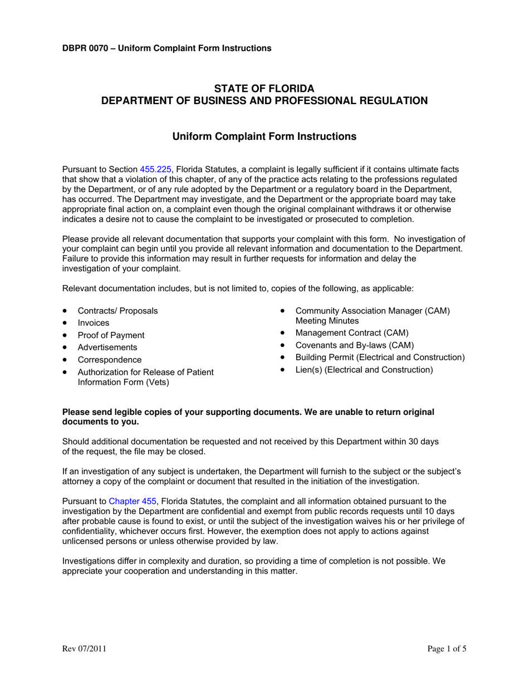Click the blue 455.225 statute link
tap(156, 169)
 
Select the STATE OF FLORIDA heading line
tap(264, 89)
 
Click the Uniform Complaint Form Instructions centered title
tap(264, 136)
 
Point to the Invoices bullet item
tap(94, 323)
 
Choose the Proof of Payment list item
tap(111, 335)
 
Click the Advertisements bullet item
tap(107, 348)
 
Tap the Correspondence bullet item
tap(110, 360)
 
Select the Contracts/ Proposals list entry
tap(117, 311)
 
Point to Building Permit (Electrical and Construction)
tap(380, 358)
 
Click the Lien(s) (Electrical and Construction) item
tap(364, 370)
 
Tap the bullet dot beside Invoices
tap(66, 323)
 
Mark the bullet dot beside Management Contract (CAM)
tap(283, 333)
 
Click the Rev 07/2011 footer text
tap(84, 648)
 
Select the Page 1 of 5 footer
tap(447, 648)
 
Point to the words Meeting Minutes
tap(327, 321)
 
